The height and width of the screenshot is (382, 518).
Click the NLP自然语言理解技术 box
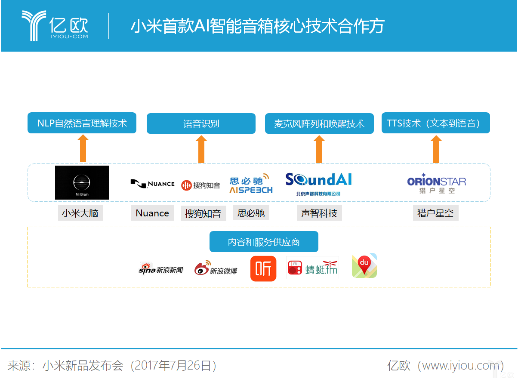(x=82, y=123)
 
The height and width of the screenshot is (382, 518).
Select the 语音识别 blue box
(x=201, y=123)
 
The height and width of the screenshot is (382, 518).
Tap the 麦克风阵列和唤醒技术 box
(x=319, y=123)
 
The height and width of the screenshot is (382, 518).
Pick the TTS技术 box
(x=435, y=123)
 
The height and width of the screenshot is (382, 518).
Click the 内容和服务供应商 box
(x=264, y=242)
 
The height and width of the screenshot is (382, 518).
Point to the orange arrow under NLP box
(x=83, y=148)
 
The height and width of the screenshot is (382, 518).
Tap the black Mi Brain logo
(x=82, y=182)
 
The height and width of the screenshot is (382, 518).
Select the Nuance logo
(x=152, y=184)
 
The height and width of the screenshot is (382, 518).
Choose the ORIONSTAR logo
(x=436, y=184)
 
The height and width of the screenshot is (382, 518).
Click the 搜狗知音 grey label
(x=203, y=213)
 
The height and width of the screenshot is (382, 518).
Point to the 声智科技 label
(x=319, y=213)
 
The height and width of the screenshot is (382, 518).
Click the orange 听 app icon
(x=263, y=269)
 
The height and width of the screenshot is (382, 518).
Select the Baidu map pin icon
(x=364, y=265)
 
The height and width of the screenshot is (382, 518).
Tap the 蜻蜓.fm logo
(x=312, y=268)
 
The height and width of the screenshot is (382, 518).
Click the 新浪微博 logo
(x=216, y=268)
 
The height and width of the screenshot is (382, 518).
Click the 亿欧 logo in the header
(x=55, y=26)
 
